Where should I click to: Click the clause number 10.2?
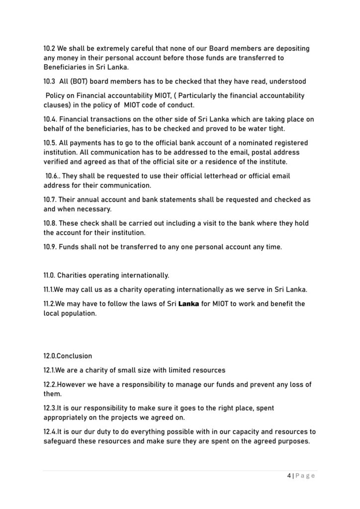[x=49, y=49]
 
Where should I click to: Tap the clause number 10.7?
[x=50, y=200]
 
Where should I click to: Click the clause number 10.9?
[x=50, y=247]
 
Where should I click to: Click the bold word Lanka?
[x=188, y=304]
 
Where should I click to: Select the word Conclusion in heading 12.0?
[x=76, y=356]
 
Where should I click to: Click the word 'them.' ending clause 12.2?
[x=52, y=394]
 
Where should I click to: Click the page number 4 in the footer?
[x=289, y=475]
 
